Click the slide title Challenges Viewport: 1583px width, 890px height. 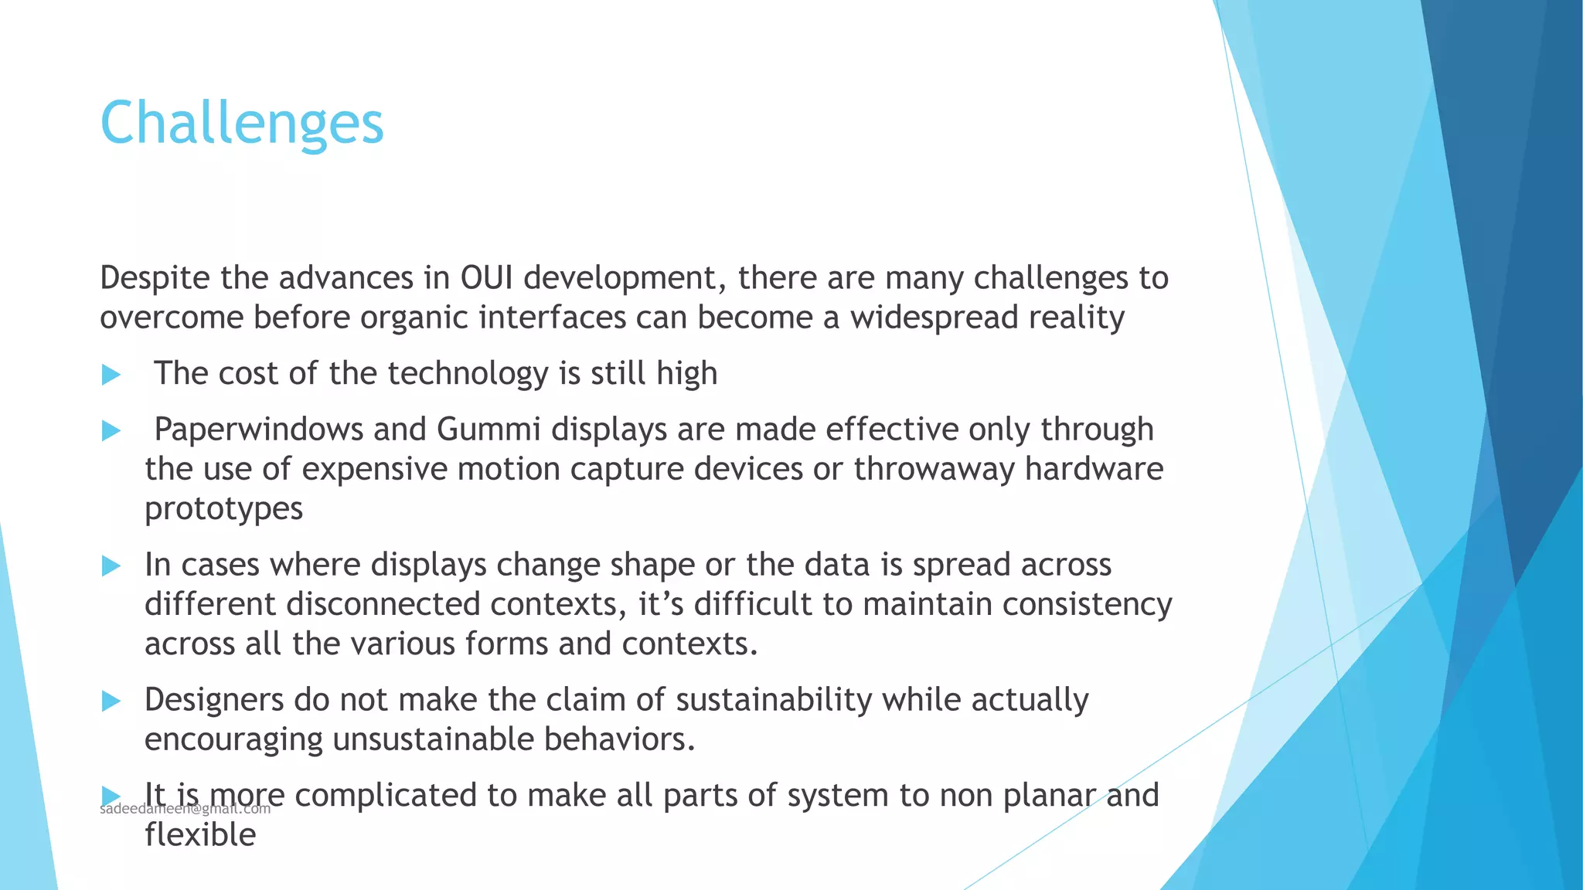pyautogui.click(x=242, y=124)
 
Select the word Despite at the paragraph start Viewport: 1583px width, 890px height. pyautogui.click(x=155, y=278)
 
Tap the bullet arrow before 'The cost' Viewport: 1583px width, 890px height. pyautogui.click(x=111, y=375)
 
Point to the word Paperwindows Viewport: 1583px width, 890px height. pyautogui.click(x=258, y=430)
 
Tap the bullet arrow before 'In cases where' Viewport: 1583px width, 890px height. pyautogui.click(x=111, y=566)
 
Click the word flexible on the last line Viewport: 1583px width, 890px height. pyautogui.click(x=200, y=835)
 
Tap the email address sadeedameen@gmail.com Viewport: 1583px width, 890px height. pyautogui.click(x=186, y=810)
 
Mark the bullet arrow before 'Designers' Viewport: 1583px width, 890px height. pyautogui.click(x=111, y=701)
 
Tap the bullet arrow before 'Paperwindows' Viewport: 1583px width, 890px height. pyautogui.click(x=111, y=431)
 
